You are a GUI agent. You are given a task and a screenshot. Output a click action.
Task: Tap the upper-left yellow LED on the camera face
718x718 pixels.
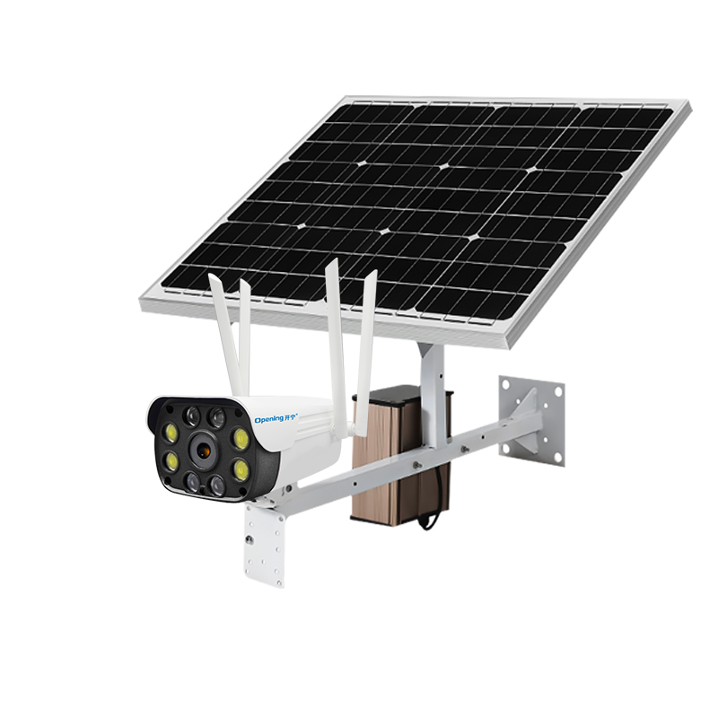point(169,434)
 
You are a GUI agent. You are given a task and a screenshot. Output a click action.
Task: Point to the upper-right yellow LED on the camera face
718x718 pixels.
point(241,439)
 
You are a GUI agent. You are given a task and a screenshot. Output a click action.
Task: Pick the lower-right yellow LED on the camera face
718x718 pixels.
point(240,468)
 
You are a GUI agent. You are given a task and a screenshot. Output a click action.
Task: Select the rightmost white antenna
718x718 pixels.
point(366,341)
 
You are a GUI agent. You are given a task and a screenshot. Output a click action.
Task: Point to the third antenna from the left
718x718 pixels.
point(335,332)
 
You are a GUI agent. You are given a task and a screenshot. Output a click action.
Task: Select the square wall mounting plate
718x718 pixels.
point(533,420)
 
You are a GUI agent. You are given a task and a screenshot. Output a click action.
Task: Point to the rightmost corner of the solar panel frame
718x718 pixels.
point(689,105)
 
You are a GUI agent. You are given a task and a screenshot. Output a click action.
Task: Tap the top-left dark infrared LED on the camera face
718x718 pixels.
point(191,416)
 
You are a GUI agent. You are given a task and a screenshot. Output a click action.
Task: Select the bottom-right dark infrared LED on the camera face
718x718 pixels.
point(218,486)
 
